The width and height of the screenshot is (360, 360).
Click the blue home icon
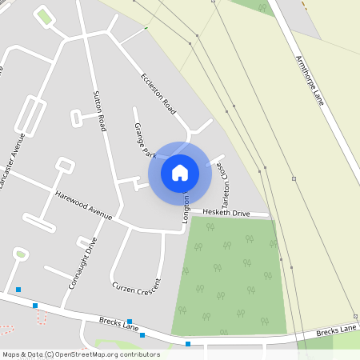tap(180, 172)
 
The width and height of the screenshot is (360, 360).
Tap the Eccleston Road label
tap(158, 92)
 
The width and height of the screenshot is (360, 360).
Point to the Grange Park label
tap(144, 139)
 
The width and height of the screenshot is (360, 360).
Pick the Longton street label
tap(186, 209)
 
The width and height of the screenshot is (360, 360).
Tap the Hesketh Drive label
tap(226, 214)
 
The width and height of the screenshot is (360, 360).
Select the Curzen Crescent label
tap(137, 286)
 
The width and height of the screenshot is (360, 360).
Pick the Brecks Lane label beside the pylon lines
tap(336, 330)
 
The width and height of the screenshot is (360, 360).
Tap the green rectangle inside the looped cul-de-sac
tap(44, 16)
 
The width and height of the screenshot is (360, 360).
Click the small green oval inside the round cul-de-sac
tap(21, 254)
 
